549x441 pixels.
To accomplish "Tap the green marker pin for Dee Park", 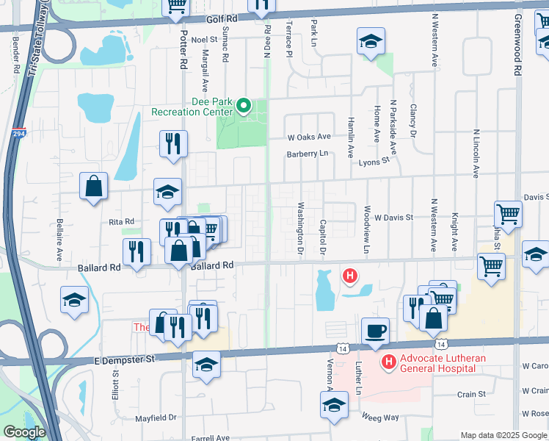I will (x=246, y=106).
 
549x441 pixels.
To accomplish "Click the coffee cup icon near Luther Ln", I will (x=375, y=331).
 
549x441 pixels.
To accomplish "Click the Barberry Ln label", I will (x=307, y=154).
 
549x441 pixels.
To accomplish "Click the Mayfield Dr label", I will (x=156, y=417).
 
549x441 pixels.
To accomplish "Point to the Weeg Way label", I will (x=380, y=417).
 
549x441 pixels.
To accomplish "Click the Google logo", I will (x=23, y=432).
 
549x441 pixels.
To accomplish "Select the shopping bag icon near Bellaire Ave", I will (x=94, y=187).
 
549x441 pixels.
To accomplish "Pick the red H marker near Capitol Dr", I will (x=351, y=276).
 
